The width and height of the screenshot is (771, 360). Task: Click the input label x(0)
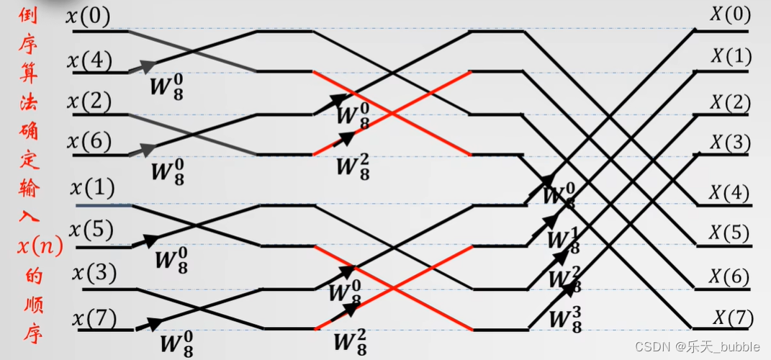click(x=89, y=17)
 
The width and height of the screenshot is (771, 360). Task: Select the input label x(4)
click(x=89, y=61)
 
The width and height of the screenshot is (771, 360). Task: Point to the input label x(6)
click(x=89, y=143)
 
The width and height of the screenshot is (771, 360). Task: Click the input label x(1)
click(x=93, y=189)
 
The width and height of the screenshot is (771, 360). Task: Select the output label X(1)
click(x=731, y=56)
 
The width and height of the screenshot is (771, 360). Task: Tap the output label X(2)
click(x=730, y=103)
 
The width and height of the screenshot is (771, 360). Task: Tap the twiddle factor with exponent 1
click(x=563, y=240)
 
